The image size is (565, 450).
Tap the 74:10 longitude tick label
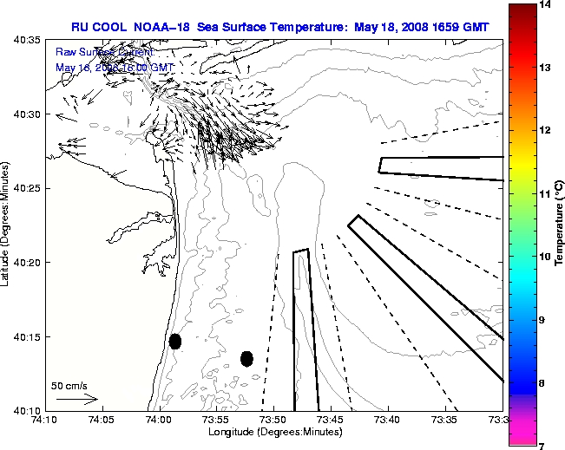[x=44, y=421]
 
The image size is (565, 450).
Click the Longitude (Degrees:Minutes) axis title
[x=273, y=432]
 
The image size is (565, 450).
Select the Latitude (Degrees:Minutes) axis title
[x=7, y=225]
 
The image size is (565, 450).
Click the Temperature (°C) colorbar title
[x=559, y=225]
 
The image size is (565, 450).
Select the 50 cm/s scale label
[x=69, y=386]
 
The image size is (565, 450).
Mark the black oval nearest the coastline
[x=175, y=341]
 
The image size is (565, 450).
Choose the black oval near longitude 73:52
[x=246, y=358]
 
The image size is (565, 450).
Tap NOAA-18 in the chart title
[x=161, y=28]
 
